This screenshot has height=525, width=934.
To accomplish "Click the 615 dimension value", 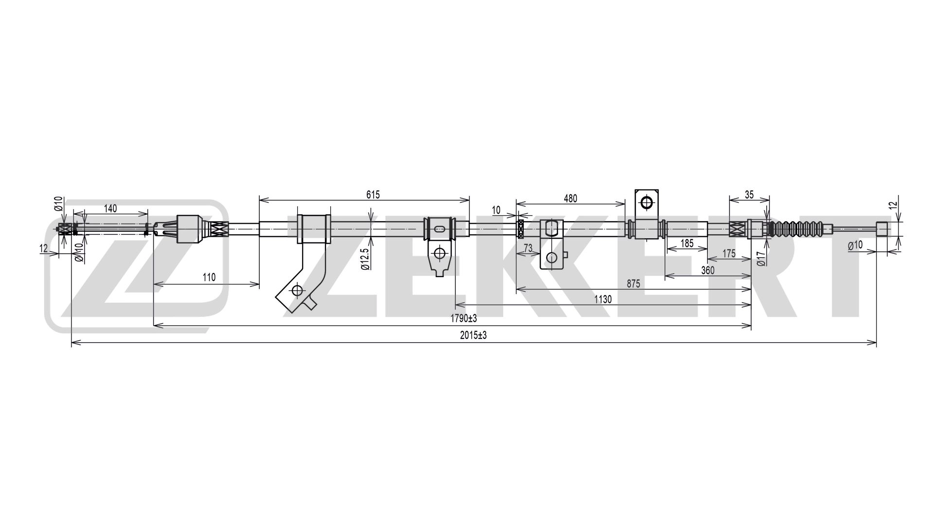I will [x=373, y=195].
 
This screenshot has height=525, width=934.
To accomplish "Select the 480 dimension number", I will [x=570, y=198].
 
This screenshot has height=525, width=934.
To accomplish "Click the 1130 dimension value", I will [x=603, y=299].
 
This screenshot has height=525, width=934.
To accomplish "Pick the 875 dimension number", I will [x=633, y=284].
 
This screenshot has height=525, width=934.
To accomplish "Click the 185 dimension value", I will [x=687, y=244].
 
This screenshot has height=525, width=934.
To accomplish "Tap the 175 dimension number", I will [x=729, y=254].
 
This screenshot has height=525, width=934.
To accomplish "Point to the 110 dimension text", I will [x=209, y=278].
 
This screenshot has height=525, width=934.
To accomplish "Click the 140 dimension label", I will [x=110, y=209].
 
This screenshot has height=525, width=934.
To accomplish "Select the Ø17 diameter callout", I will [x=762, y=258].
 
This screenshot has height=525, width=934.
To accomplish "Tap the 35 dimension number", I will [x=749, y=195].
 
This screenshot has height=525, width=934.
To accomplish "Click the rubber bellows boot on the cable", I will [x=800, y=229].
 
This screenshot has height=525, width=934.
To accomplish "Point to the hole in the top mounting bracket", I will [x=647, y=202].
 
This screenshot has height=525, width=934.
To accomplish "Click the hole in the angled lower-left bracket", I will [x=297, y=291].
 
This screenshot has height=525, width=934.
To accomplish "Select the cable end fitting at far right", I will [x=882, y=228].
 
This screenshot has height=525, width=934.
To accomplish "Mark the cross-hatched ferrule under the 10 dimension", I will [x=520, y=229].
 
